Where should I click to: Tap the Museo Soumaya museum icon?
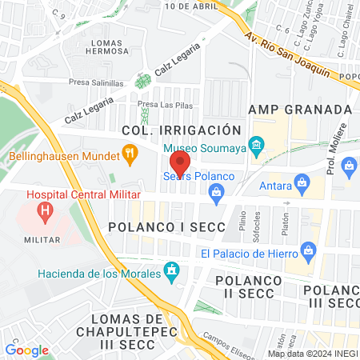coord(256,146)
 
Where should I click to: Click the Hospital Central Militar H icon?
coord(46,212)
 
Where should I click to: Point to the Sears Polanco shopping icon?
coord(215,191)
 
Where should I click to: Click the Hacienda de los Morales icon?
coord(170,270)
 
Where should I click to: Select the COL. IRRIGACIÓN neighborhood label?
coord(181,130)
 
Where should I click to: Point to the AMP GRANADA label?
coord(300,109)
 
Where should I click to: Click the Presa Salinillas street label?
coord(95,82)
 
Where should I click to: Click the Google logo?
coord(26,350)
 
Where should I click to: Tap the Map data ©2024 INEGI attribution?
coord(311,354)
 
